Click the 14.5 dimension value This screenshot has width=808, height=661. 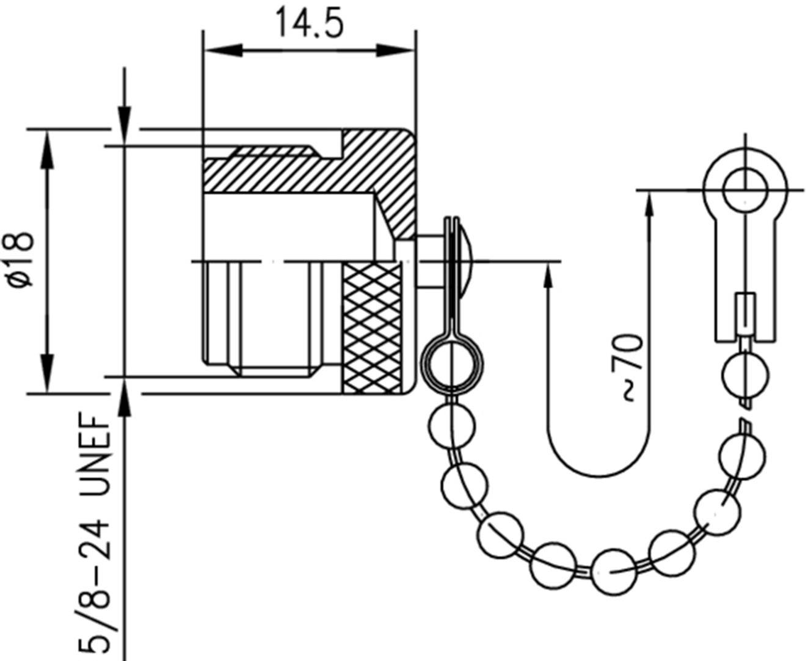[309, 23]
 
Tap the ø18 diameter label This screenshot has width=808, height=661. [20, 260]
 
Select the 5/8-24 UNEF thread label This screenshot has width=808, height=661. [94, 536]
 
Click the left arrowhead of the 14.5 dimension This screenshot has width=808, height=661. [224, 50]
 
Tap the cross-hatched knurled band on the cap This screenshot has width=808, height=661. [373, 329]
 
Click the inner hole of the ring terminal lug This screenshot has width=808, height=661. [745, 189]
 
